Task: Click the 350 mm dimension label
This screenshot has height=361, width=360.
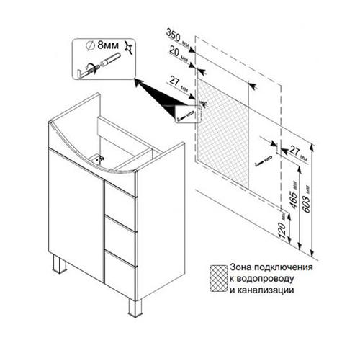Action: coord(178,38)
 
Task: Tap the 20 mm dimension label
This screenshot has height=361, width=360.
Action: coord(179,54)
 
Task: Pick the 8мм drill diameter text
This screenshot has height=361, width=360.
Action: coord(108,45)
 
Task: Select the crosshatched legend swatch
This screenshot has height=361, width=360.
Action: coord(218,278)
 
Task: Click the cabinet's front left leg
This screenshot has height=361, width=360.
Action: coord(59,264)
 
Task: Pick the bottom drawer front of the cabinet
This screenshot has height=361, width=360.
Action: coord(121,272)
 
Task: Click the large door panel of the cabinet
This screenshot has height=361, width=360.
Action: coord(76,215)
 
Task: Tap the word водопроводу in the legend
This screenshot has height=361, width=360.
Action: coord(265,279)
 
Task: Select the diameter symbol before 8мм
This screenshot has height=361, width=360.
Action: coord(90,45)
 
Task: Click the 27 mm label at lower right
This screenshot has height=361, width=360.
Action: coord(298,153)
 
